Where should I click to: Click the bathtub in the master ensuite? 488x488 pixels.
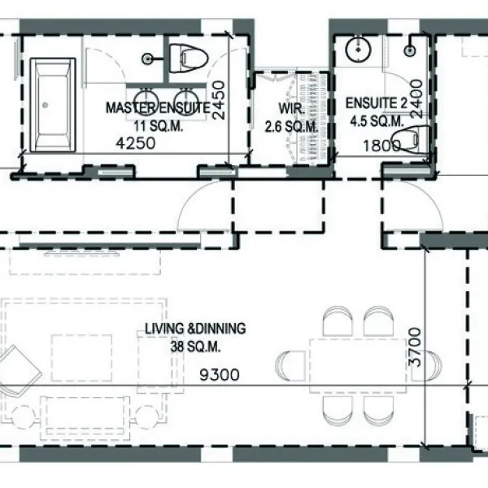tap(53, 104)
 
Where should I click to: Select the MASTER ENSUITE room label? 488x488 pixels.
tap(159, 107)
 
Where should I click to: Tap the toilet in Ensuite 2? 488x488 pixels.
tap(416, 140)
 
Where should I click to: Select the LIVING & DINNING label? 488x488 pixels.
tap(195, 329)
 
